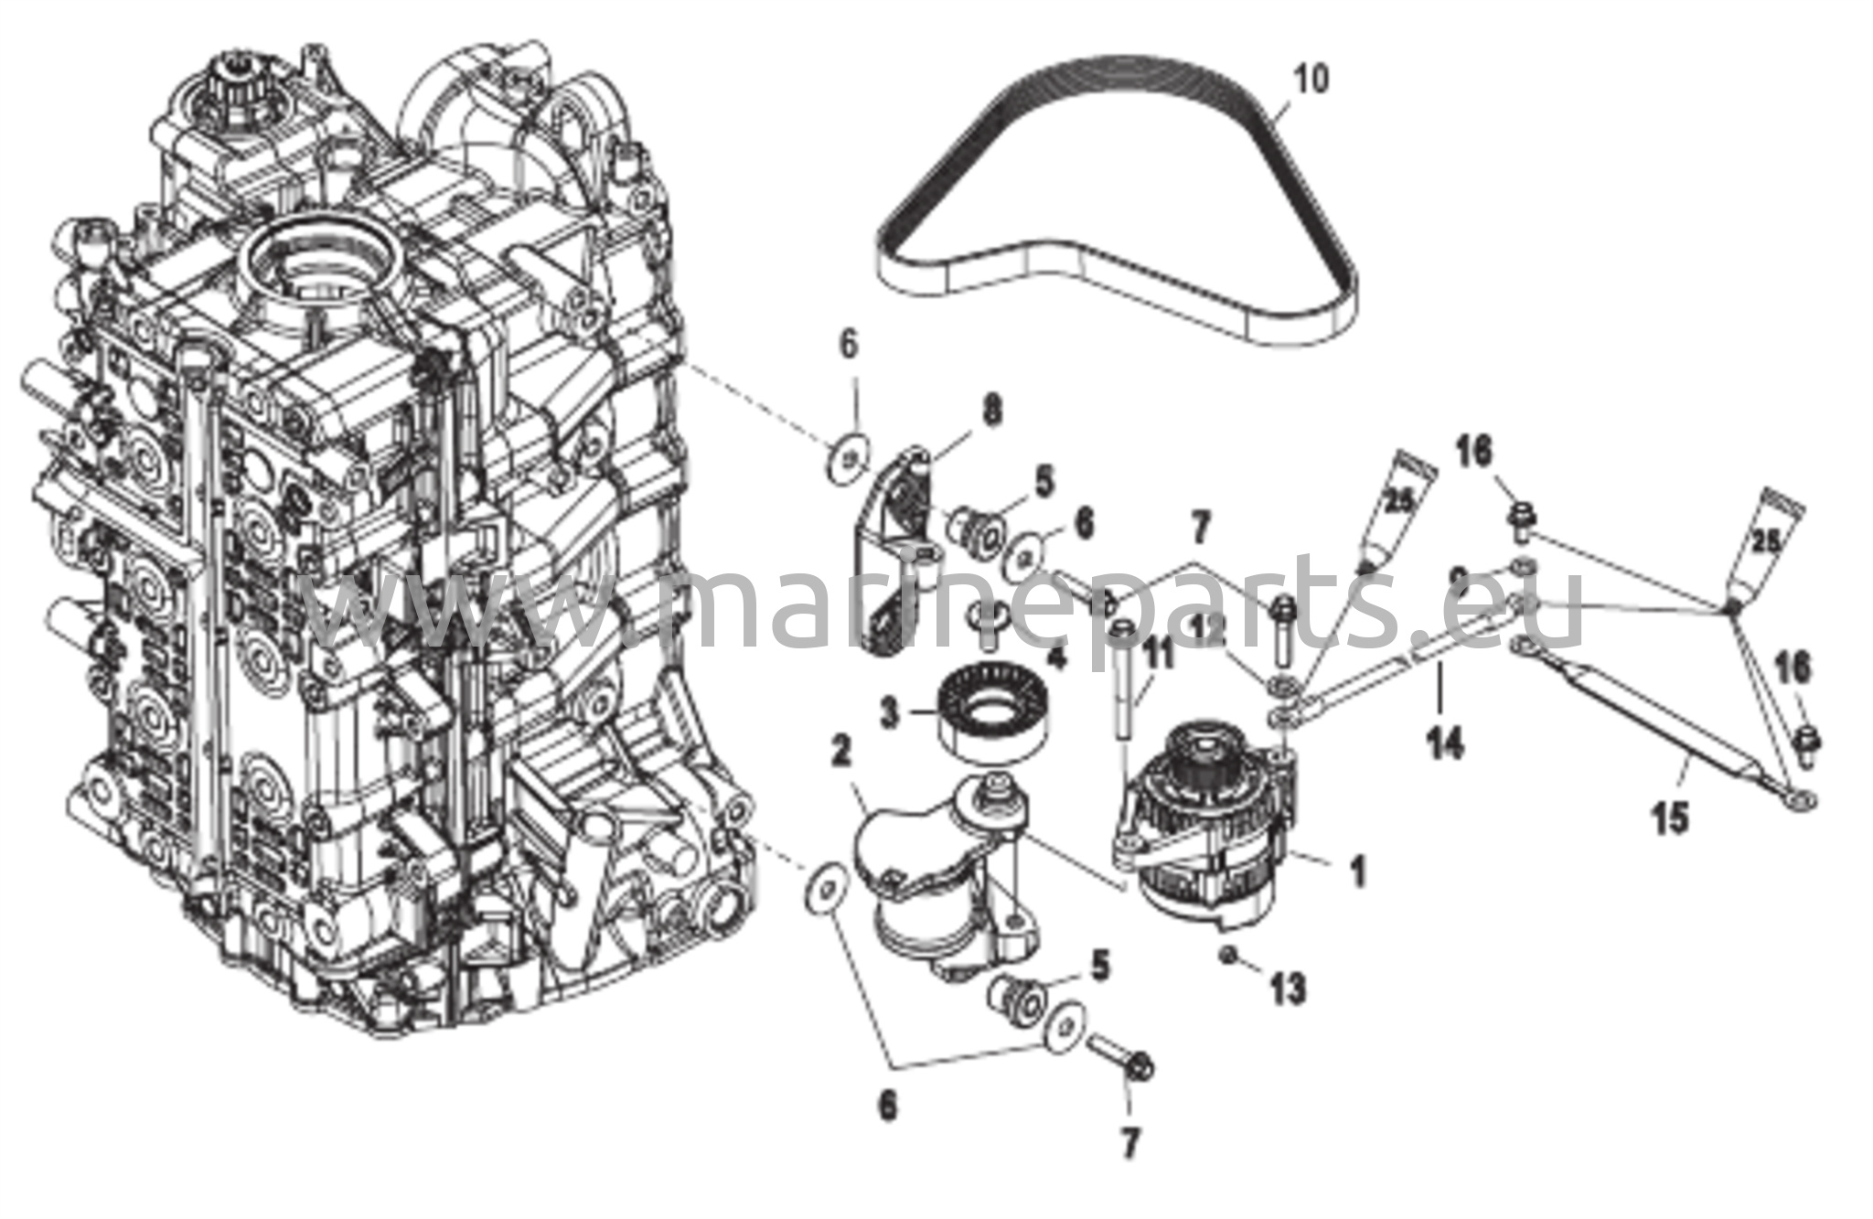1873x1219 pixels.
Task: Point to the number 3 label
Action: [x=888, y=713]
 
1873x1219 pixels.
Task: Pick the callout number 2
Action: [x=840, y=753]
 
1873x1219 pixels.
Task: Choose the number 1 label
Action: [x=1358, y=871]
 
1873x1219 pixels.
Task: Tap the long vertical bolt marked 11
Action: [x=1122, y=695]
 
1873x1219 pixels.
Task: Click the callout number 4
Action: [x=1057, y=657]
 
